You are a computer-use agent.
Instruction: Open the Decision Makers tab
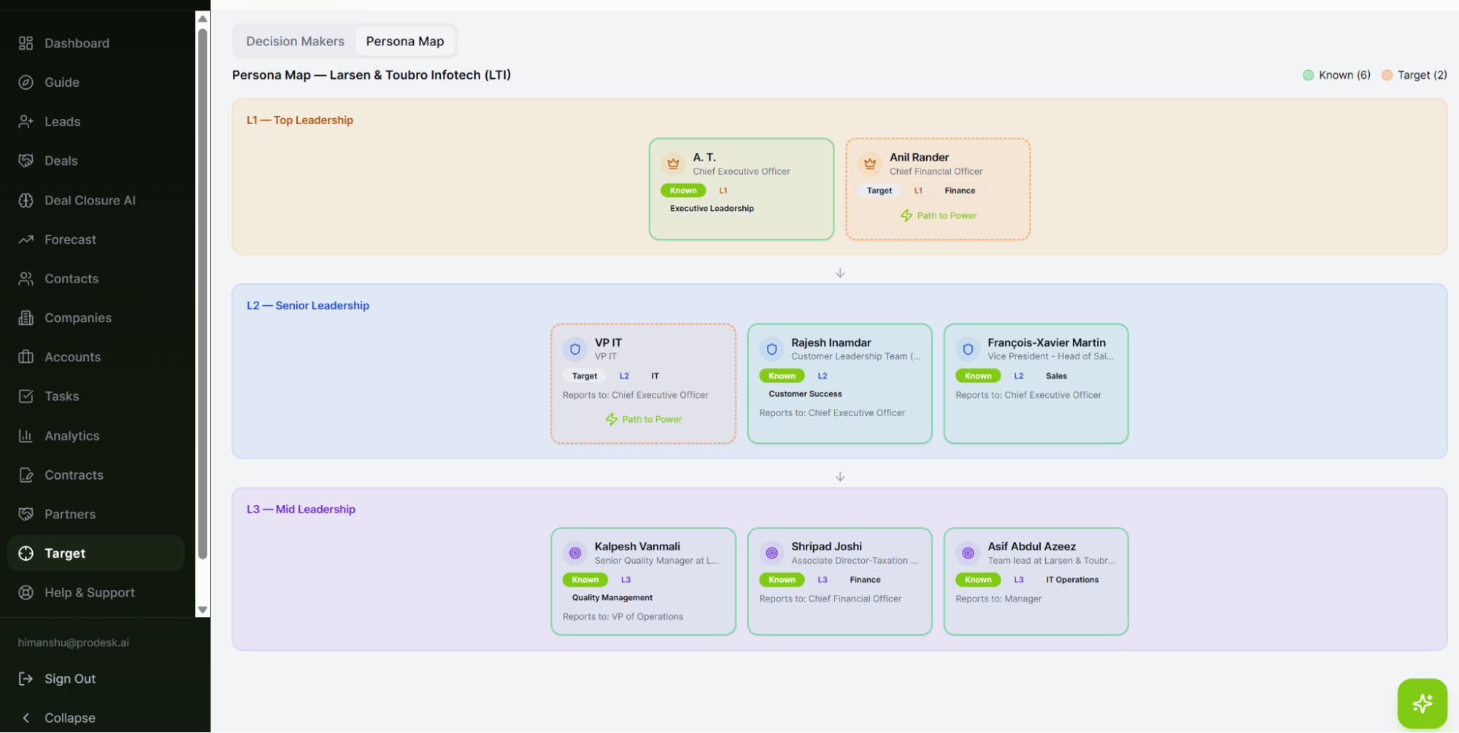295,42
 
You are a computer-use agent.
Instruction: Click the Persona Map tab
405,42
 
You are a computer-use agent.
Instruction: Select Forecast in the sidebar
70,239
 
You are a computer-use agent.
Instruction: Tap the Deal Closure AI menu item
90,200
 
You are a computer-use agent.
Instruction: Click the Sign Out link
70,679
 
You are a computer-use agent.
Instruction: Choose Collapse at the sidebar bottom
69,718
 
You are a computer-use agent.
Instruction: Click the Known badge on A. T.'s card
683,191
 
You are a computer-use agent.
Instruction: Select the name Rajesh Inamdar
831,342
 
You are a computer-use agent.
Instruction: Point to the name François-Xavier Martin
1047,342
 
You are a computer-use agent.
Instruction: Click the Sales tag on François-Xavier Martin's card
1056,376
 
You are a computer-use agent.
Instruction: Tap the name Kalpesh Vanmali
637,546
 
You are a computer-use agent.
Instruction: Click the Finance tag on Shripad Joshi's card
865,580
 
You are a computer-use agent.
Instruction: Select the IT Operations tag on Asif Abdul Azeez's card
1072,580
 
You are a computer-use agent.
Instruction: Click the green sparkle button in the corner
1422,704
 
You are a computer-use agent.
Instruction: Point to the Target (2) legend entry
1414,75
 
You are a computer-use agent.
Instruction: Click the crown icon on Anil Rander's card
870,164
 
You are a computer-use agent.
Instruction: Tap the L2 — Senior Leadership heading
308,305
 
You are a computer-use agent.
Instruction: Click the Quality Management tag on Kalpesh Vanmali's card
612,597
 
